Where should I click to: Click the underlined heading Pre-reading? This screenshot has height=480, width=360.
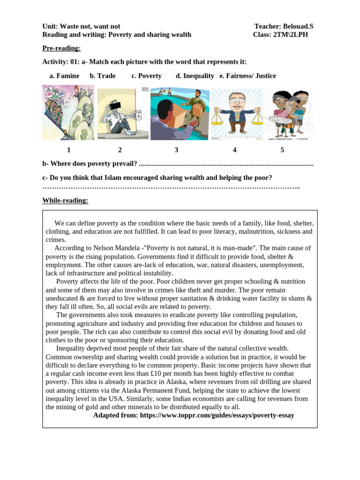click(x=61, y=48)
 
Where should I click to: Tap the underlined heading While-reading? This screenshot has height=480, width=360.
click(x=65, y=201)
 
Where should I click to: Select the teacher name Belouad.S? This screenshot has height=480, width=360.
click(x=299, y=27)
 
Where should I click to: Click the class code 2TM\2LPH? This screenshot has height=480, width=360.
click(x=290, y=35)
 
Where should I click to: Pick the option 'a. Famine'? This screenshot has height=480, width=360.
click(x=64, y=76)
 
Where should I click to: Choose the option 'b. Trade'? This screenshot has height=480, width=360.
click(x=103, y=76)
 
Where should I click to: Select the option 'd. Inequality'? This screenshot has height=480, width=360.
click(x=195, y=76)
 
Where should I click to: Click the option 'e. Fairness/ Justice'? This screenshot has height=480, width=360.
click(x=247, y=76)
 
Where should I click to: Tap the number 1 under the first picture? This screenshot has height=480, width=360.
click(x=68, y=150)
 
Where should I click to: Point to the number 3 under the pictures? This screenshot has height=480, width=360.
click(x=176, y=150)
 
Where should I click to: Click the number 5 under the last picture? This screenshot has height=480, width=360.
click(x=282, y=150)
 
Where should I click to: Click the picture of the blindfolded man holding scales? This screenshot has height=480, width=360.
click(x=237, y=114)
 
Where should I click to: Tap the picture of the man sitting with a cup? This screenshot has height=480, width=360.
click(x=123, y=113)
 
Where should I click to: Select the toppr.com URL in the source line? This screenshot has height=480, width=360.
click(x=217, y=415)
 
